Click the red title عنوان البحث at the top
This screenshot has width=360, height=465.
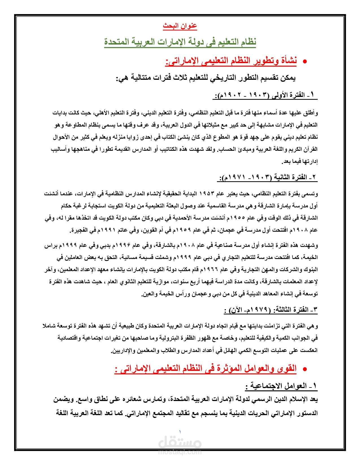point(180,26)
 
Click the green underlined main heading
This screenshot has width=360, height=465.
point(180,42)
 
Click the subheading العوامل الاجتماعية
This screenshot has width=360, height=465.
point(282,386)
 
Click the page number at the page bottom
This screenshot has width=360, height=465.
point(180,431)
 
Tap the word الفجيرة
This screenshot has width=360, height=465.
point(80,231)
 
